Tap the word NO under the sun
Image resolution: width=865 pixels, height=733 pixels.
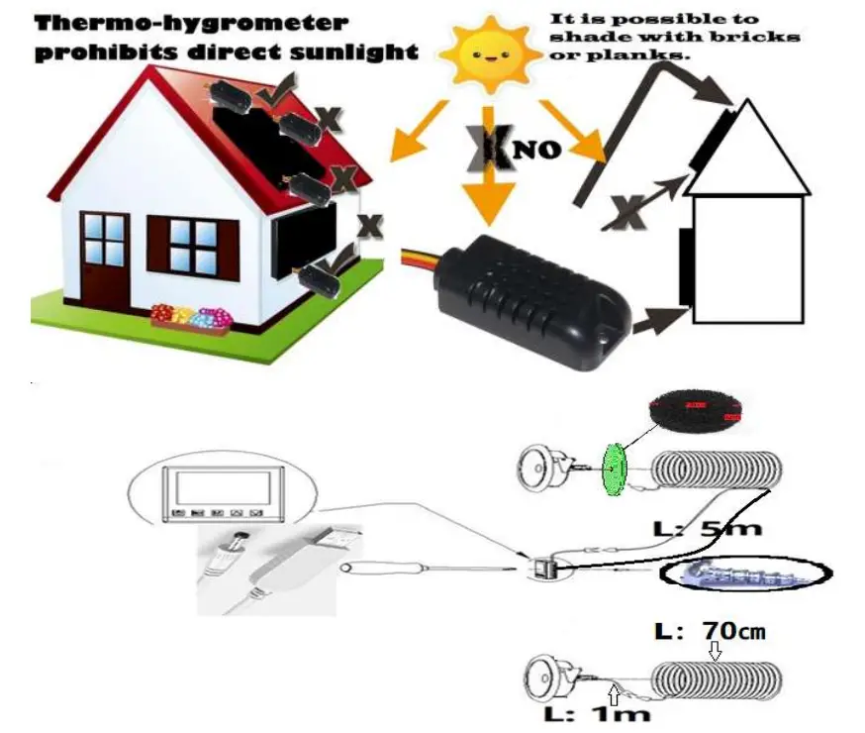point(538,151)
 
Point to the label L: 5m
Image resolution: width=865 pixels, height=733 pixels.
point(710,528)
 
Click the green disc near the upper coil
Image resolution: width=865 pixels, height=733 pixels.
point(614,469)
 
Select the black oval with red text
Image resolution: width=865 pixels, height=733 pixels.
point(694,409)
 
